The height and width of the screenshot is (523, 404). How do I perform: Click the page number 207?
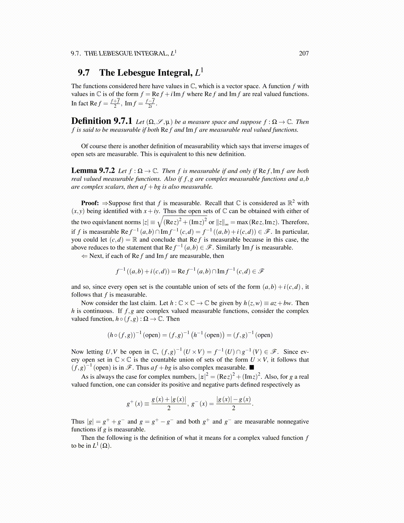pyautogui.click(x=304, y=53)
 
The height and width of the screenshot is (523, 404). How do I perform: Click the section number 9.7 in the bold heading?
pyautogui.click(x=84, y=73)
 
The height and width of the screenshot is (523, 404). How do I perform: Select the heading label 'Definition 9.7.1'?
pyautogui.click(x=102, y=121)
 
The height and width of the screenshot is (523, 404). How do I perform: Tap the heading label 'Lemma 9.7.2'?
pyautogui.click(x=93, y=170)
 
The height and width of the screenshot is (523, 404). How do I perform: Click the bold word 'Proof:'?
pyautogui.click(x=90, y=203)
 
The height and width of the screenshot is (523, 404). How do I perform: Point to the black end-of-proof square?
pyautogui.click(x=252, y=367)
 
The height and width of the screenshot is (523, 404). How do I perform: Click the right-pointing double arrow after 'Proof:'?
pyautogui.click(x=105, y=203)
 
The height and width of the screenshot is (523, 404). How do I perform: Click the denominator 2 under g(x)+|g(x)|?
pyautogui.click(x=169, y=408)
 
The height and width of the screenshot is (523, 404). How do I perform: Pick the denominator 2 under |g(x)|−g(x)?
pyautogui.click(x=233, y=408)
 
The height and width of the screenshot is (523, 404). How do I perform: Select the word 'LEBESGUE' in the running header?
pyautogui.click(x=115, y=53)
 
